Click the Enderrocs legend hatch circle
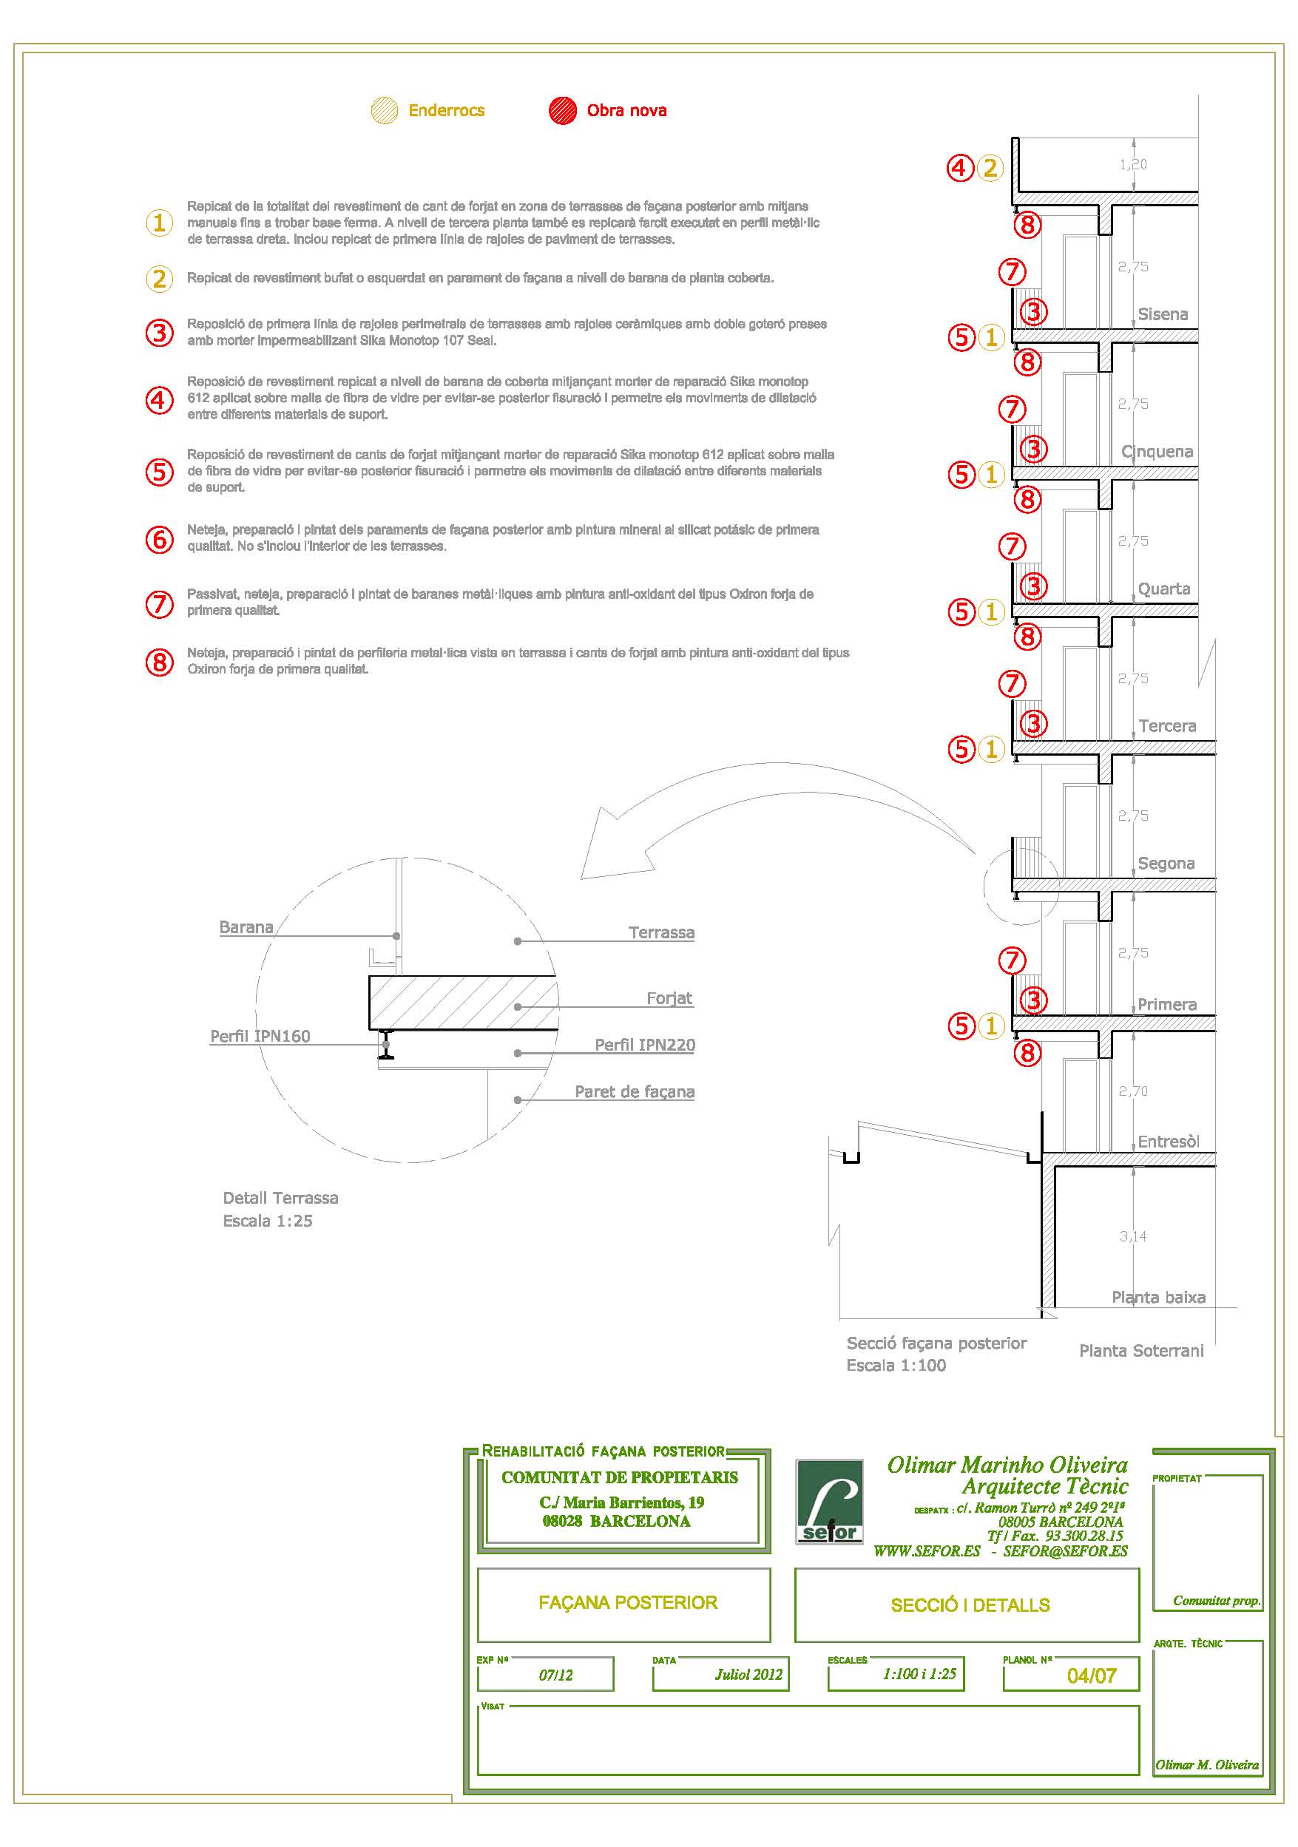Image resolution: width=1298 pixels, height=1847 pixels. (385, 110)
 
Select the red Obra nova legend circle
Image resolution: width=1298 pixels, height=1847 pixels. (563, 110)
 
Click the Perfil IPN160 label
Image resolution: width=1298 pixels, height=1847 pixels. (260, 1036)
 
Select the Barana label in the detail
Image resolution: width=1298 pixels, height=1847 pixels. (246, 926)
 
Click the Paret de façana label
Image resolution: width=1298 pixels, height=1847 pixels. (634, 1091)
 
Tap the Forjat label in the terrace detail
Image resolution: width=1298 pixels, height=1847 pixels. (669, 997)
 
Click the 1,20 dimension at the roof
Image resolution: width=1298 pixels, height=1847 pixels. (1133, 164)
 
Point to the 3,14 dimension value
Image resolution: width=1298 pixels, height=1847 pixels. (1132, 1236)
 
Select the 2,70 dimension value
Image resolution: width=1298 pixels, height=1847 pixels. (1132, 1091)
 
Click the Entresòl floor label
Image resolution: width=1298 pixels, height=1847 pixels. (1168, 1141)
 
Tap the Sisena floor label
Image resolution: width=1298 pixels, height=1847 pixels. (1162, 314)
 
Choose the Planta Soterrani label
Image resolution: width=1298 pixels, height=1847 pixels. (1141, 1351)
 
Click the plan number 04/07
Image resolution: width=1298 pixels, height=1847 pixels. (1091, 1675)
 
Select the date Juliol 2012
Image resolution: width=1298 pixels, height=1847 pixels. (748, 1674)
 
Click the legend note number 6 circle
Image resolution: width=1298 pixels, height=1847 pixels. (159, 539)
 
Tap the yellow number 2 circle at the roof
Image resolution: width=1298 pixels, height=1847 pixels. (990, 168)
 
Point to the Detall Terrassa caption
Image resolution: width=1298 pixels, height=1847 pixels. (280, 1198)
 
